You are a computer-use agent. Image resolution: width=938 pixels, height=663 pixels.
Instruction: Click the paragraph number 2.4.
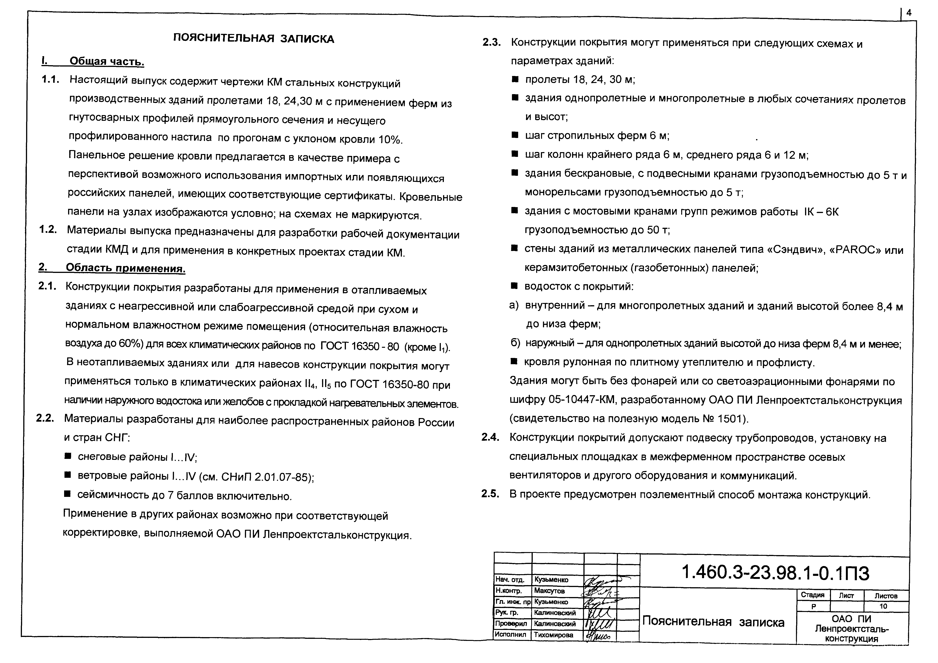coord(490,438)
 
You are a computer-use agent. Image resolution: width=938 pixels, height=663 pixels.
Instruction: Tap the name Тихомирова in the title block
coord(554,635)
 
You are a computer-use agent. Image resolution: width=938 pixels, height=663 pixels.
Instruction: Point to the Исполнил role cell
coord(510,635)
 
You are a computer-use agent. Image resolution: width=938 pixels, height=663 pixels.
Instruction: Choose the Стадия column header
coord(813,595)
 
